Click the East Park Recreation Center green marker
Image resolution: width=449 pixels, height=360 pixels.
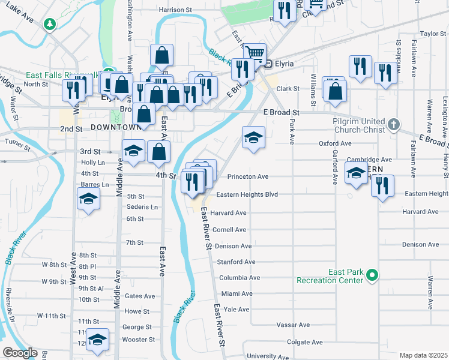pyautogui.click(x=372, y=276)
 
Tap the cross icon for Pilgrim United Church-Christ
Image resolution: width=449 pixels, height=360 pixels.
pyautogui.click(x=393, y=125)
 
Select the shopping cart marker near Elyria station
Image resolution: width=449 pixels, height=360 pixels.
pyautogui.click(x=255, y=53)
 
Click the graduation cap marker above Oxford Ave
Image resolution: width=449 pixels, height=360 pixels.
pyautogui.click(x=253, y=138)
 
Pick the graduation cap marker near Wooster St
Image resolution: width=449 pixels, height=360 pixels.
pyautogui.click(x=97, y=340)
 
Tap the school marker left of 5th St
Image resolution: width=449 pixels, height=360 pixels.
pyautogui.click(x=88, y=199)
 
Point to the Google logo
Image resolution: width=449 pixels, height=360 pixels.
pyautogui.click(x=20, y=353)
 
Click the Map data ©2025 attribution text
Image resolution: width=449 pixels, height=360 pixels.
pyautogui.click(x=423, y=355)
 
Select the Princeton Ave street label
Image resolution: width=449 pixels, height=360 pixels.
pyautogui.click(x=248, y=177)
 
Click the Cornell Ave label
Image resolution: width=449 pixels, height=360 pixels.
pyautogui.click(x=229, y=230)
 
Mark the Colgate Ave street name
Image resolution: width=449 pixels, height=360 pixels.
pyautogui.click(x=305, y=342)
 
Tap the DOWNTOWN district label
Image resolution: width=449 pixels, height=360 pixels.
pyautogui.click(x=116, y=127)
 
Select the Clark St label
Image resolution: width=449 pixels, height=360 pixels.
pyautogui.click(x=288, y=89)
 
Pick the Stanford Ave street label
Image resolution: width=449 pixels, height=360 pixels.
pyautogui.click(x=236, y=262)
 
